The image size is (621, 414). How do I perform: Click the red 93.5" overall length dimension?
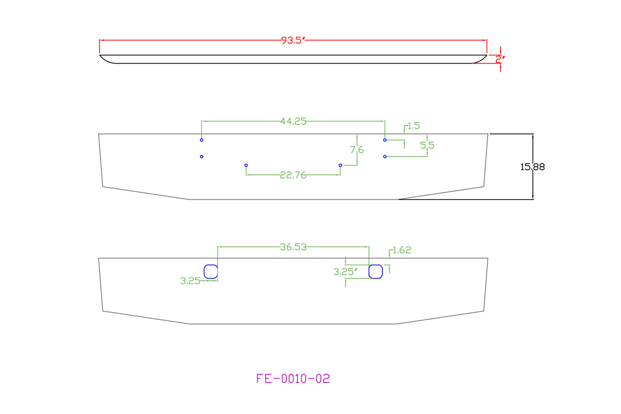tap(293, 40)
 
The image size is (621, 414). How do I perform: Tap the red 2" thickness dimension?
tap(500, 59)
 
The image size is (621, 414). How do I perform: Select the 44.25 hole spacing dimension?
tap(294, 121)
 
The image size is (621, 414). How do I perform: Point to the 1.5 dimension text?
tap(414, 126)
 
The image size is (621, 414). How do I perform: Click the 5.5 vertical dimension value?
tap(427, 145)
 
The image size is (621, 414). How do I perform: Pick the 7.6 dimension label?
tap(357, 150)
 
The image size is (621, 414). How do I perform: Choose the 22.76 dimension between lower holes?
tap(293, 175)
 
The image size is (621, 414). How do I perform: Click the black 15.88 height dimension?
tap(532, 167)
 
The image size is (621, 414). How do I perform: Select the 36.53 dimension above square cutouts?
tap(293, 247)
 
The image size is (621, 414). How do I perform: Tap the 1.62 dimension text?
tap(402, 250)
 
